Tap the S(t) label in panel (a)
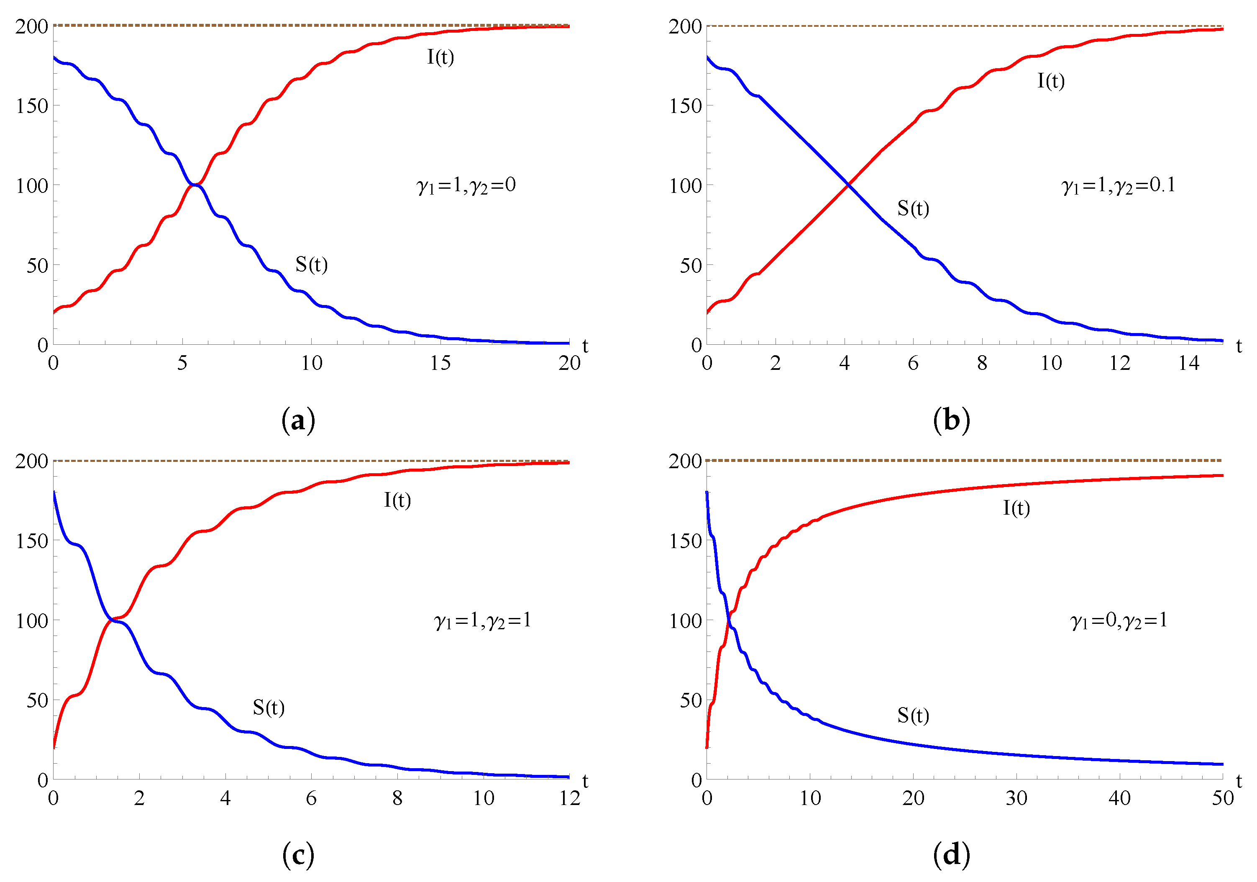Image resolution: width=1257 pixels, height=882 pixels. (x=312, y=264)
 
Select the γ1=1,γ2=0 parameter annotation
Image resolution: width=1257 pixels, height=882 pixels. (x=466, y=185)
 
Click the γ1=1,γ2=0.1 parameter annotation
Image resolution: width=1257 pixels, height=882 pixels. (x=1119, y=185)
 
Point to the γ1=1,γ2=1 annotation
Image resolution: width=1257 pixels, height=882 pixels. (x=482, y=620)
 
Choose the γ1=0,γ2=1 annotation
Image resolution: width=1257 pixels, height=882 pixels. (x=1119, y=620)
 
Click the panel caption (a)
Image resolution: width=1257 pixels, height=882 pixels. (x=298, y=420)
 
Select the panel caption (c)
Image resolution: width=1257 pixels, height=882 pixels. (x=298, y=855)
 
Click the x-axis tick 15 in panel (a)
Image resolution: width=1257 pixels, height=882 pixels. (x=440, y=363)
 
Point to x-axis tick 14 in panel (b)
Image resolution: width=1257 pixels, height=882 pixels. (x=1188, y=363)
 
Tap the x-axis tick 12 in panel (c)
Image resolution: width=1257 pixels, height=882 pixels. (x=569, y=798)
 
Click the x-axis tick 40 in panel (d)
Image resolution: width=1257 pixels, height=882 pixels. (x=1119, y=798)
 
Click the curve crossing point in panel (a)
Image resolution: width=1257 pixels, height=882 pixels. (x=195, y=185)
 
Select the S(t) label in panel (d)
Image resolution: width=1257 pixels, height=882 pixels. (x=913, y=715)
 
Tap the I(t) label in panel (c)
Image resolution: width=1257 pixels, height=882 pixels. (x=397, y=500)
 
